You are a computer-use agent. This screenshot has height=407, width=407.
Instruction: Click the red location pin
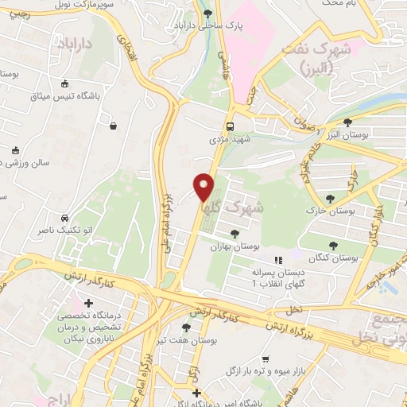click(204, 187)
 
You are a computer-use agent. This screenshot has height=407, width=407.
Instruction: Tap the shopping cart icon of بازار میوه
click(265, 359)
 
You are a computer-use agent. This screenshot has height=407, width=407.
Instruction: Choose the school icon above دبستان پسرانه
click(278, 260)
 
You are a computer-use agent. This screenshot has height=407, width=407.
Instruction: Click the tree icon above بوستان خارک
click(330, 199)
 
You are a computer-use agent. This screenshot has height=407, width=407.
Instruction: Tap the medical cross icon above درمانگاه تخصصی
click(88, 304)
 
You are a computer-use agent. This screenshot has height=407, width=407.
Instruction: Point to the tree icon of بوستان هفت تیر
click(186, 327)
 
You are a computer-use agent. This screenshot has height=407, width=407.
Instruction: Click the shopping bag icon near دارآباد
click(114, 126)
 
